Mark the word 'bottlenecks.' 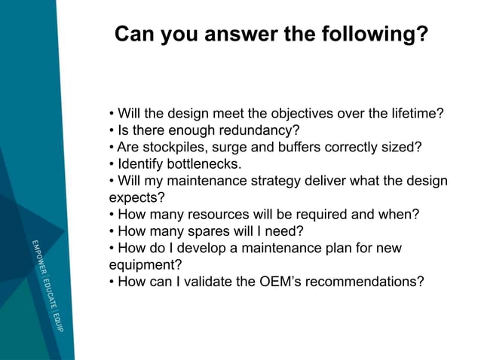click(x=207, y=164)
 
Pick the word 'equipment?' click(x=141, y=264)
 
